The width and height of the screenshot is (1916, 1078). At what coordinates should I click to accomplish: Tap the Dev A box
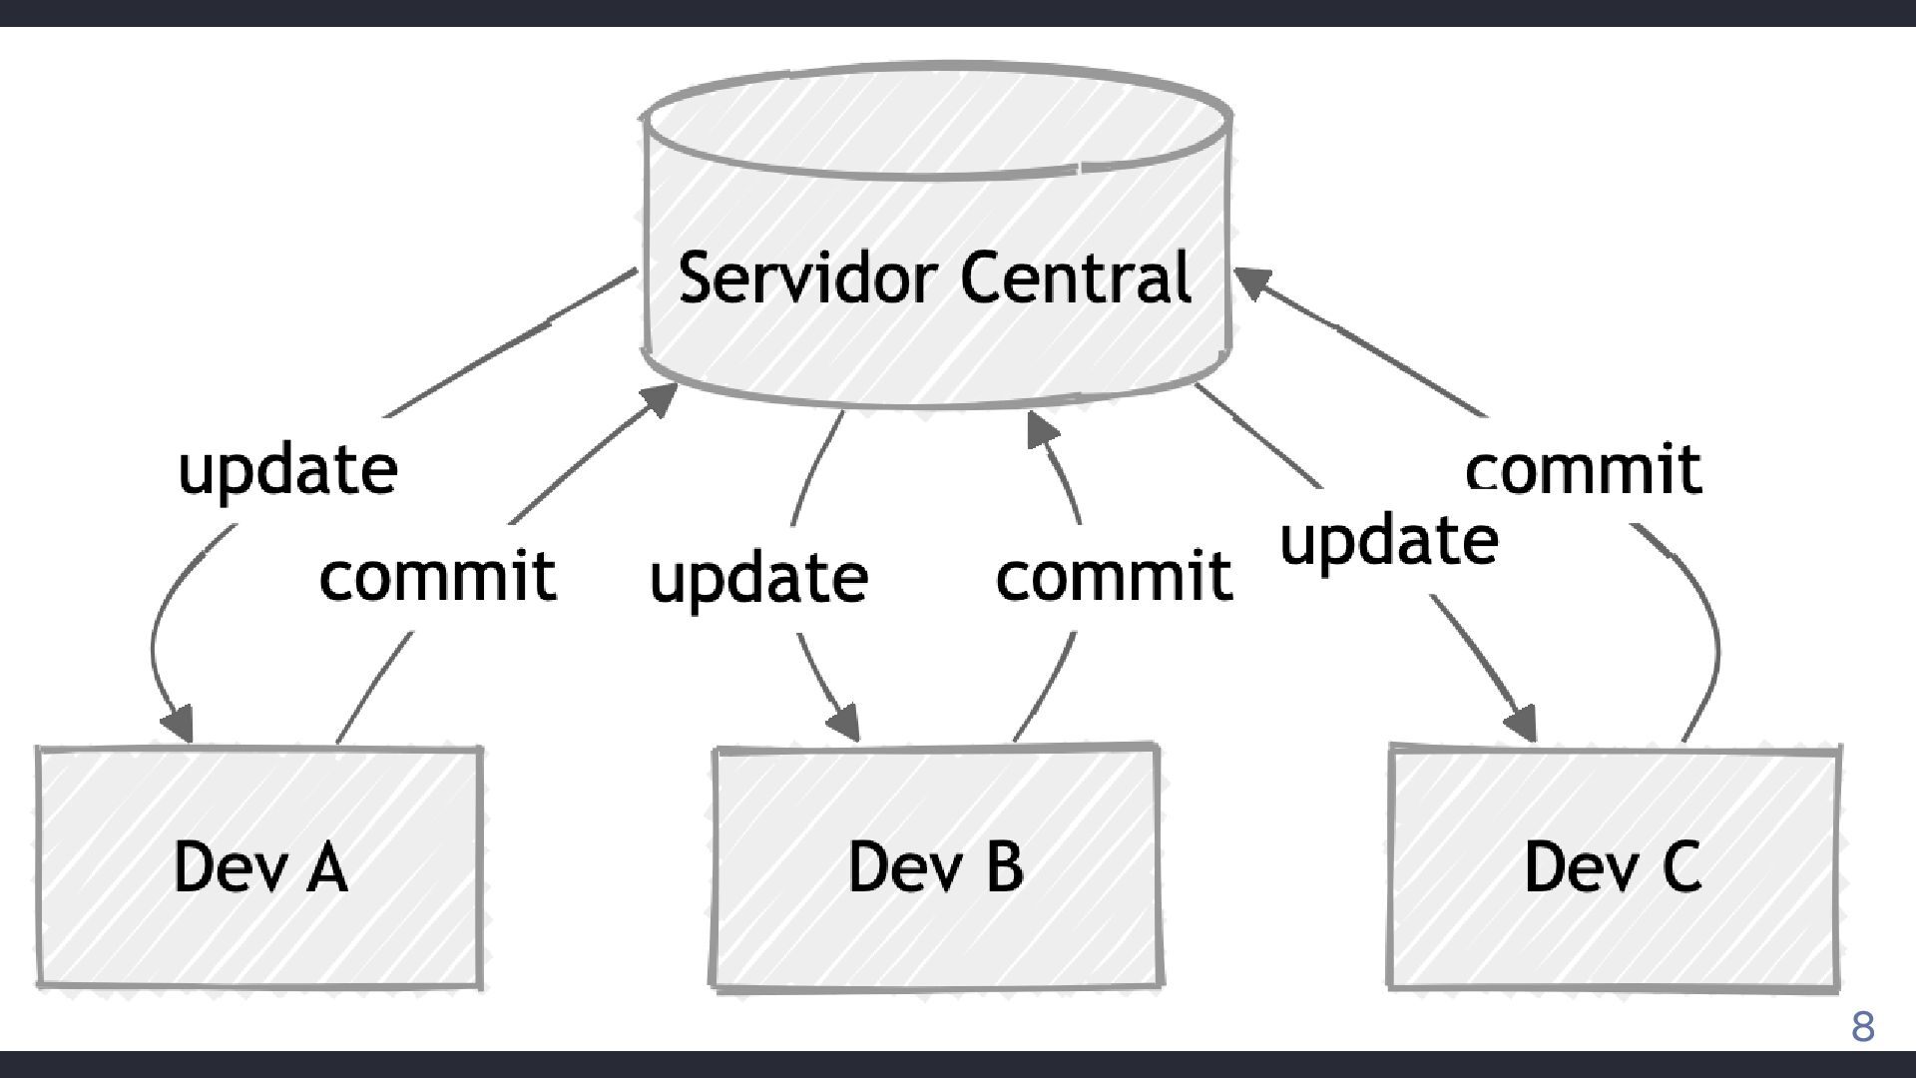tap(259, 866)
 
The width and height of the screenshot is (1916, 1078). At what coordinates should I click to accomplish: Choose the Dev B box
tap(936, 866)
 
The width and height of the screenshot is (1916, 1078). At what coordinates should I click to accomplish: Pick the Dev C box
tap(1613, 866)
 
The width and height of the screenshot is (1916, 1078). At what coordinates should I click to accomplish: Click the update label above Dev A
tap(287, 470)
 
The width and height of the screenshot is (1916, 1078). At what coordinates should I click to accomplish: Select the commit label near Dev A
tap(437, 576)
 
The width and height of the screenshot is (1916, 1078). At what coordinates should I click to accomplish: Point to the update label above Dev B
tap(758, 578)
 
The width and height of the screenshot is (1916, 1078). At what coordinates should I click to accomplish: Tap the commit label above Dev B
tap(1114, 576)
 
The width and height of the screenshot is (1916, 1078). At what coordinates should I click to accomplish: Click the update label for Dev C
tap(1389, 542)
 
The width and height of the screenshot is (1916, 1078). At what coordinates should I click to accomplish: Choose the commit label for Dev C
tap(1583, 469)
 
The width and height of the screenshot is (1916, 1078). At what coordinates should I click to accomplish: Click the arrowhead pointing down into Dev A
tap(179, 724)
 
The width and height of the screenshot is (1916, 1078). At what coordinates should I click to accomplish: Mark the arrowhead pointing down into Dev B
tap(845, 723)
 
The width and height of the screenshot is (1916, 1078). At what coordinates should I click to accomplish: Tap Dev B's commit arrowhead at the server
tap(1041, 430)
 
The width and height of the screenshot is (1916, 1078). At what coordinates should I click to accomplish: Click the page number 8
tap(1862, 1027)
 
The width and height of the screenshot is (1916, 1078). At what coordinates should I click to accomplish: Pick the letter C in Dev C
tap(1681, 866)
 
